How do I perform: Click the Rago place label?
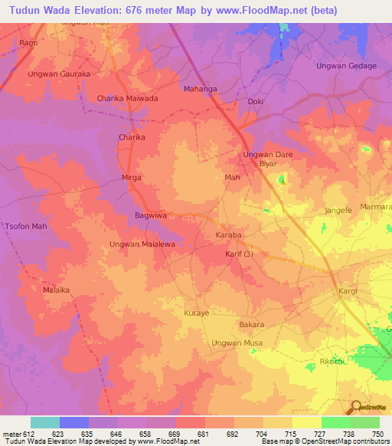(x=29, y=43)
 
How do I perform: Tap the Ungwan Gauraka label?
(x=59, y=74)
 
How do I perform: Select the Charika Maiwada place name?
(x=127, y=99)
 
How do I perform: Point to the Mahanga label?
(x=201, y=89)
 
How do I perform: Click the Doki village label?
(x=256, y=101)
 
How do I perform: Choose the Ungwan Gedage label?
(x=346, y=66)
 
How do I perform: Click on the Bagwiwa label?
(x=151, y=215)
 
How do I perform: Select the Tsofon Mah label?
(x=27, y=227)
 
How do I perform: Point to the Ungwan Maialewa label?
(x=143, y=244)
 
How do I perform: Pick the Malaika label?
(x=56, y=291)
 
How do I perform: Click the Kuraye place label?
(x=196, y=313)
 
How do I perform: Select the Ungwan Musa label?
(x=237, y=343)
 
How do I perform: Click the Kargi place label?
(x=350, y=292)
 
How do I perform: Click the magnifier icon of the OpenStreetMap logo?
(x=356, y=407)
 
